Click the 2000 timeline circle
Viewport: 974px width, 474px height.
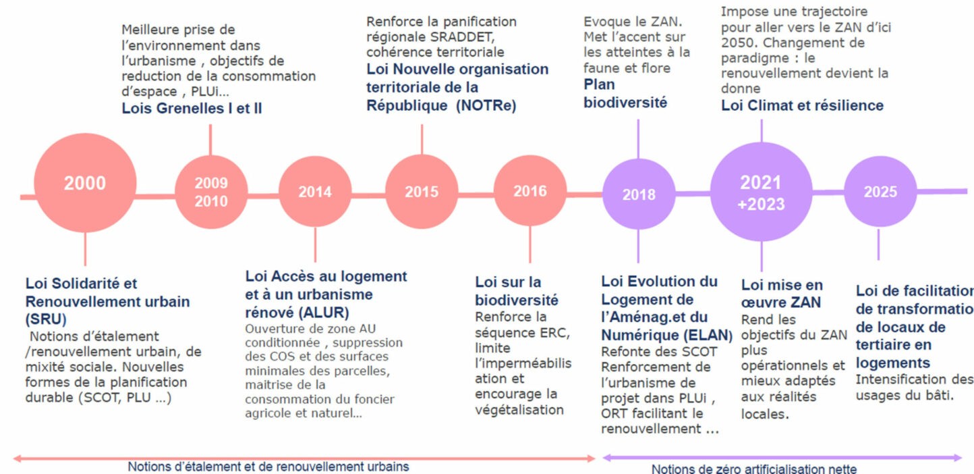pos(85,183)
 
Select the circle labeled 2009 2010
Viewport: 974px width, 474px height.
pos(211,192)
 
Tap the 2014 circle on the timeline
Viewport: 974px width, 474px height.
pos(315,192)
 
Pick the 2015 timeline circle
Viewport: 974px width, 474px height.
pos(422,192)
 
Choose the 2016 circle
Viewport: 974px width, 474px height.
pos(530,191)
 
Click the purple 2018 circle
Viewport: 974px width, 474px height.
pos(638,194)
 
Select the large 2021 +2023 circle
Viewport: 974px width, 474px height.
pos(762,192)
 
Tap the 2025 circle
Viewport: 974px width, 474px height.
pos(880,192)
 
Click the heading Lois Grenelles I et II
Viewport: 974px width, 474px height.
pos(192,108)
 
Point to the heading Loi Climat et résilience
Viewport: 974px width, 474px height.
pos(802,105)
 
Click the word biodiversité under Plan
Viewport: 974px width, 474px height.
pos(625,103)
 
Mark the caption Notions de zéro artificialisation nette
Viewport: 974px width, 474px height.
pos(754,469)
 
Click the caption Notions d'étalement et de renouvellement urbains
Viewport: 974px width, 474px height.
pos(268,466)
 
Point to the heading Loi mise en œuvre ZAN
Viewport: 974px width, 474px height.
pos(782,294)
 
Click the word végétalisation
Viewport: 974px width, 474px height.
pos(519,410)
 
